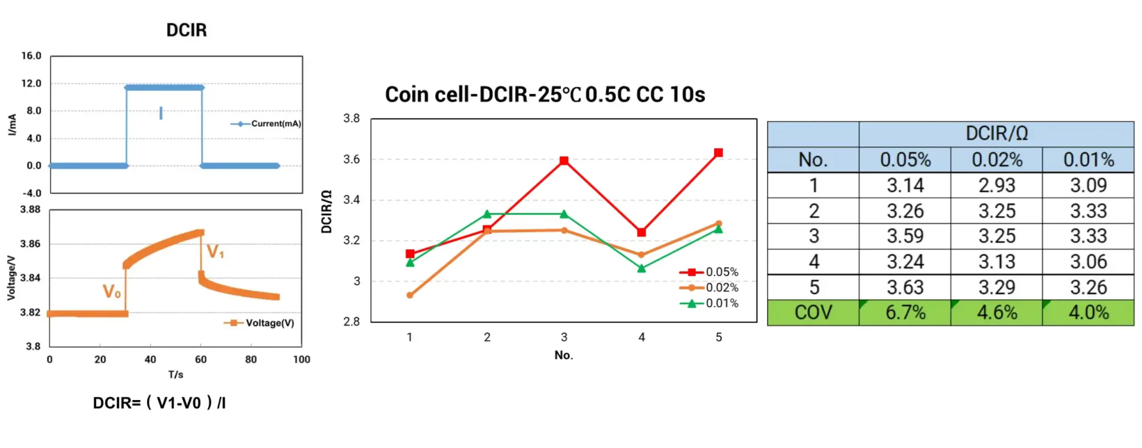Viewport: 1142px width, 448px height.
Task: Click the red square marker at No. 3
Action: (x=564, y=160)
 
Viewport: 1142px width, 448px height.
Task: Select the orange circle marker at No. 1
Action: (x=410, y=295)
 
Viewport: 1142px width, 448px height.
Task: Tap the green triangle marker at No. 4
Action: (x=641, y=269)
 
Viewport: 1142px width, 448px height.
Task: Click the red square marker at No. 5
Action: (x=718, y=153)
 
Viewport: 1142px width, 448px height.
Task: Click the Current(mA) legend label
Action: (x=276, y=124)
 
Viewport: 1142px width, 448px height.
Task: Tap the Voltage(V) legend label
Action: (x=270, y=323)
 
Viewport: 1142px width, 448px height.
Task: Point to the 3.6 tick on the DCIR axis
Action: (x=351, y=159)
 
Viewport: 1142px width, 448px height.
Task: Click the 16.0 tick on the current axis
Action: (x=31, y=56)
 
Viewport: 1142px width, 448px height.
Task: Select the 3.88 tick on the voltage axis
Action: (x=30, y=210)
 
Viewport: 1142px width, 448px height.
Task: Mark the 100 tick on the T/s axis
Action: (x=302, y=359)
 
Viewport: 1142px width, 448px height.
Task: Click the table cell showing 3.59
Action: (x=905, y=236)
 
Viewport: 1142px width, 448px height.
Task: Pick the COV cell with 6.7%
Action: (x=905, y=313)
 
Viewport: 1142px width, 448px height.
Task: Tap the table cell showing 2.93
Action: (x=996, y=186)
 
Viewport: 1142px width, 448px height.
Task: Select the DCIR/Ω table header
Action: (x=996, y=134)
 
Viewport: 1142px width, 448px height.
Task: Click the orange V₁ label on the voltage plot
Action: (x=215, y=252)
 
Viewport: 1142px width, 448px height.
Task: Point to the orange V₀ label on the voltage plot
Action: (x=112, y=291)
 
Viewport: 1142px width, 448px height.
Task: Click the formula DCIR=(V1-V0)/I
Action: (x=159, y=402)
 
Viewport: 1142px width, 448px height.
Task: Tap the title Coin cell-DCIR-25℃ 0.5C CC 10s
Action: (x=545, y=95)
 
